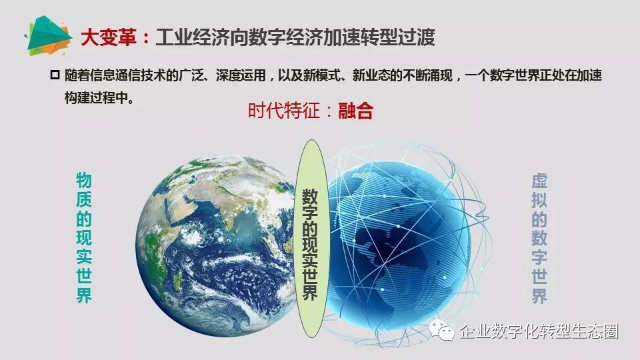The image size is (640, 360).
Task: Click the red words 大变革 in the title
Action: click(x=108, y=37)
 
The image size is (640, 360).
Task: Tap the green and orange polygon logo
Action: click(x=48, y=35)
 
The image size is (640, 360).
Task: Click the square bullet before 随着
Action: click(x=55, y=75)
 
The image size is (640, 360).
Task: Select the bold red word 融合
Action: click(x=355, y=111)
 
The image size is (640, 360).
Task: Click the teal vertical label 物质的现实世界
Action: click(x=84, y=237)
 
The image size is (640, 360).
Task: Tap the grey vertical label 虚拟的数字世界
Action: click(x=539, y=239)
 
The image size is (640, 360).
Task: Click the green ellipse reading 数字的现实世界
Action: click(x=312, y=239)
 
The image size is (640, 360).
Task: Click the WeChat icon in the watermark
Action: click(x=441, y=330)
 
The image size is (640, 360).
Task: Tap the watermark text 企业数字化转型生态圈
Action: click(x=539, y=331)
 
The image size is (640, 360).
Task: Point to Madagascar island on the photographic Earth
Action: click(x=177, y=280)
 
